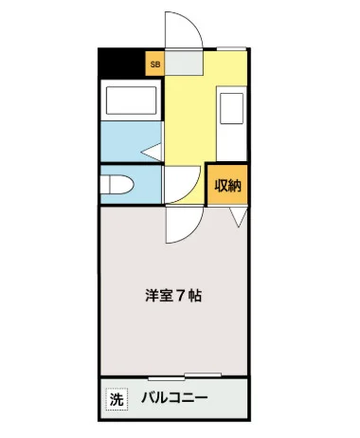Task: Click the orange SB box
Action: pyautogui.click(x=153, y=65)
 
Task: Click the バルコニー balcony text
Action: pyautogui.click(x=176, y=399)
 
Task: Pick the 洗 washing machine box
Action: pyautogui.click(x=115, y=399)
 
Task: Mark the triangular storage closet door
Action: pyautogui.click(x=237, y=217)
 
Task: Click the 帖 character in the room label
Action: pyautogui.click(x=193, y=295)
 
